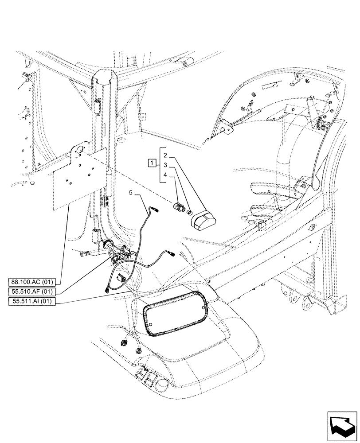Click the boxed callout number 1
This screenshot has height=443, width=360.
(x=152, y=162)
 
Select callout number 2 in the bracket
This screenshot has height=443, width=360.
(x=165, y=155)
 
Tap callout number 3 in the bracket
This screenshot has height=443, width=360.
(x=165, y=165)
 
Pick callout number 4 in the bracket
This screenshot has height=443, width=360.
(x=165, y=175)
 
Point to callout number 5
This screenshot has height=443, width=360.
(x=131, y=193)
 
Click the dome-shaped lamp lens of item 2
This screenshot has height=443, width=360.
(x=203, y=218)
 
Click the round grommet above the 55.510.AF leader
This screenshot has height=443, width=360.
(x=107, y=245)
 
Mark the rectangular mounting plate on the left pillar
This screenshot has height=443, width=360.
(x=80, y=177)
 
